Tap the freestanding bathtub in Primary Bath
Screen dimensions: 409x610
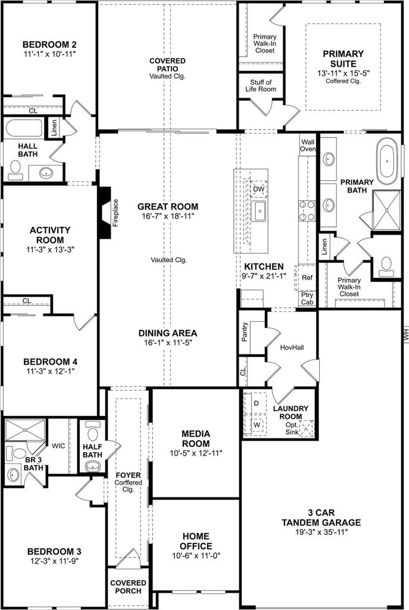pos(387,161)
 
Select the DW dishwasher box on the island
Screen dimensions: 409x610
pos(258,189)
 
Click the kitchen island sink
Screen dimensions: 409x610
pos(258,211)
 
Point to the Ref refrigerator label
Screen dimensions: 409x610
pos(307,278)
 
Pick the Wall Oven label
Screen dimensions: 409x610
pos(308,145)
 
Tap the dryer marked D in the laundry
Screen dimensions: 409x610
pos(255,403)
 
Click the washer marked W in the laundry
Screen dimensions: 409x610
pos(256,425)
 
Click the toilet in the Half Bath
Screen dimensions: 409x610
pos(92,431)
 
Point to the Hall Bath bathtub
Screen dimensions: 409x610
pos(24,129)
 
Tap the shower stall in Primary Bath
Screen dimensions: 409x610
pos(386,210)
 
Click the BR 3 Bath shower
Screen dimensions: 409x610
pos(25,430)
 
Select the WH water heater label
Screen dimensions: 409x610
pos(405,334)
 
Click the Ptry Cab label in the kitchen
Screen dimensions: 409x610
pos(307,298)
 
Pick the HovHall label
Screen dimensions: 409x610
pos(292,347)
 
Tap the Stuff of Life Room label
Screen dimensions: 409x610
pos(261,86)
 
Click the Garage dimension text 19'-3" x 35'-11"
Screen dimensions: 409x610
pos(321,532)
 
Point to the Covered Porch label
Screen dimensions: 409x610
pos(129,587)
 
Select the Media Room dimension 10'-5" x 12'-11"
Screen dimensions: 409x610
pos(196,453)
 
